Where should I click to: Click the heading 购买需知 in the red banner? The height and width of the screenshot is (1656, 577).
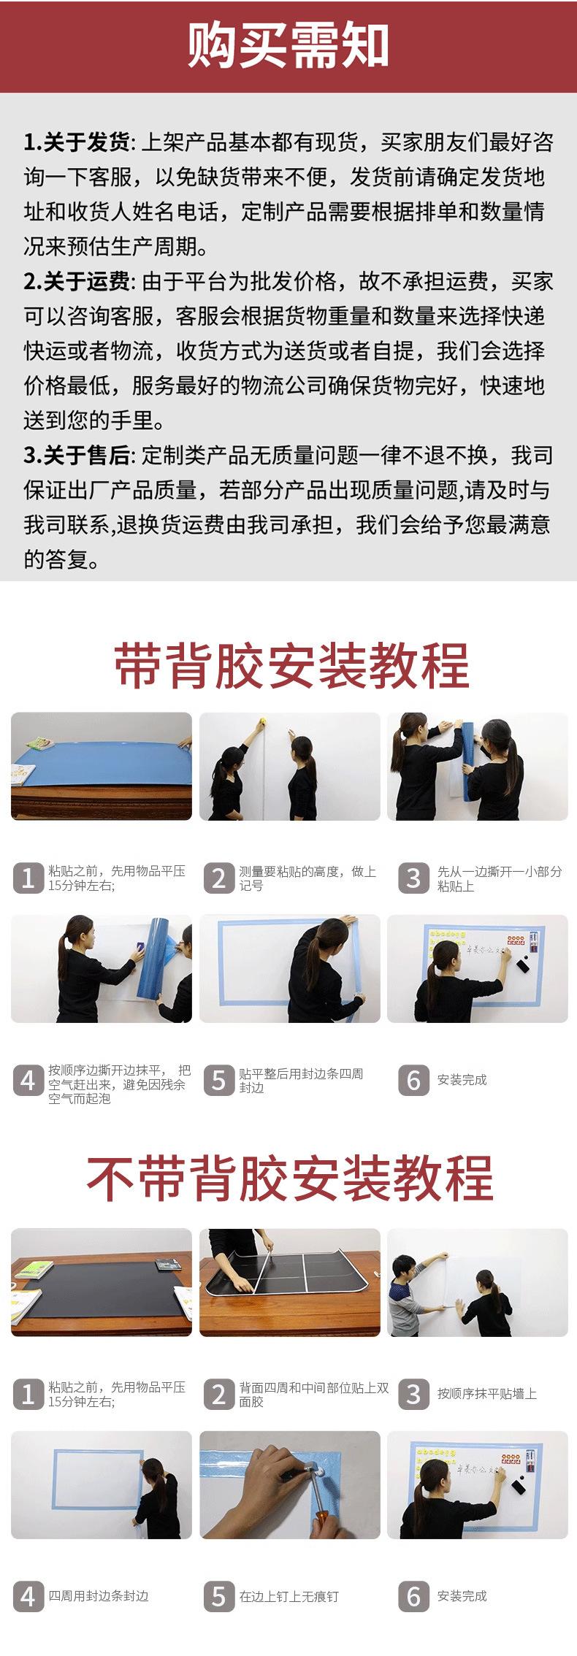click(x=288, y=45)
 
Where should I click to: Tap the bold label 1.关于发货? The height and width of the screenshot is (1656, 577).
click(x=77, y=142)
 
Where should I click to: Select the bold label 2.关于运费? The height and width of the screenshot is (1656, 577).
click(x=77, y=281)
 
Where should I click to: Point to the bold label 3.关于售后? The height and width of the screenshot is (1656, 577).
click(x=77, y=455)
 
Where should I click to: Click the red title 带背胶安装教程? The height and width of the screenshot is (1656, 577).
click(x=291, y=665)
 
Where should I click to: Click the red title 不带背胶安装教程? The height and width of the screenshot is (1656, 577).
click(x=290, y=1178)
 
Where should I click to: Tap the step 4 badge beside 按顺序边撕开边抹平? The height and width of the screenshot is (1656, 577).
click(x=28, y=1079)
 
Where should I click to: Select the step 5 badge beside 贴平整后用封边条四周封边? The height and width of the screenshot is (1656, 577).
click(x=218, y=1079)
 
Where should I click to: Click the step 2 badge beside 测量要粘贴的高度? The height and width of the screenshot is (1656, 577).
click(x=218, y=878)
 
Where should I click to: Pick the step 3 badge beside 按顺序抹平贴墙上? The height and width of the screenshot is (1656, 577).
click(x=413, y=1393)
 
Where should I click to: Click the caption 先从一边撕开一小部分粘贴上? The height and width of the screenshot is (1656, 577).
click(x=500, y=878)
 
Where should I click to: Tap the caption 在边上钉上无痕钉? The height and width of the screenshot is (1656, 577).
click(x=289, y=1596)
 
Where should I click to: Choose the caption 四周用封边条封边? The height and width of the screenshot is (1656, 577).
click(x=99, y=1596)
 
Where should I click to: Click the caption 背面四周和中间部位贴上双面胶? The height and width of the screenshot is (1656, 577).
click(x=307, y=1394)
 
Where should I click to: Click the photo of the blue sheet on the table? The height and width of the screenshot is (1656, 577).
click(x=102, y=766)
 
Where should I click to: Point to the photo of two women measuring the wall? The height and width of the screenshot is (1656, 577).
click(x=290, y=766)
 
